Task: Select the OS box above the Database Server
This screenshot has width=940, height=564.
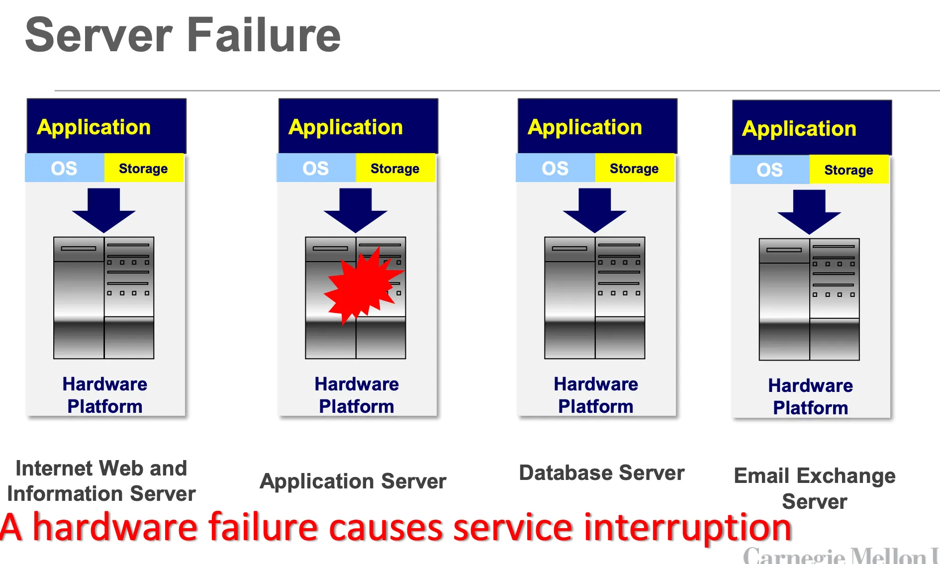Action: click(555, 168)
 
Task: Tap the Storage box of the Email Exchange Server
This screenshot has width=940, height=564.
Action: click(848, 170)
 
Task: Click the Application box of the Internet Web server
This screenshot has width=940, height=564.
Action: click(106, 127)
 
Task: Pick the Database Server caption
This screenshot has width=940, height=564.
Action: click(601, 473)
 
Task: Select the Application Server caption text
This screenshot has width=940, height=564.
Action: click(353, 481)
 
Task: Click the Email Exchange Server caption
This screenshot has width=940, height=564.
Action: click(814, 488)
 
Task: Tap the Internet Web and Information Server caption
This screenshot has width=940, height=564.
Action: click(101, 481)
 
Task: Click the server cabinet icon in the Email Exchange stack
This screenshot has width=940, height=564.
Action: click(809, 299)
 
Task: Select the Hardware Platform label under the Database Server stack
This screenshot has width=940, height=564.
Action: click(596, 395)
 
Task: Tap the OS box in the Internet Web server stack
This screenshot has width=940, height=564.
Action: click(64, 168)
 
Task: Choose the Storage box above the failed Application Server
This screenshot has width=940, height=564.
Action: click(395, 169)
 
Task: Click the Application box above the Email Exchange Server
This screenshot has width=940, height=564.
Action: click(812, 128)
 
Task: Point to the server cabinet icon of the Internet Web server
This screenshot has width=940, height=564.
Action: click(103, 298)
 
